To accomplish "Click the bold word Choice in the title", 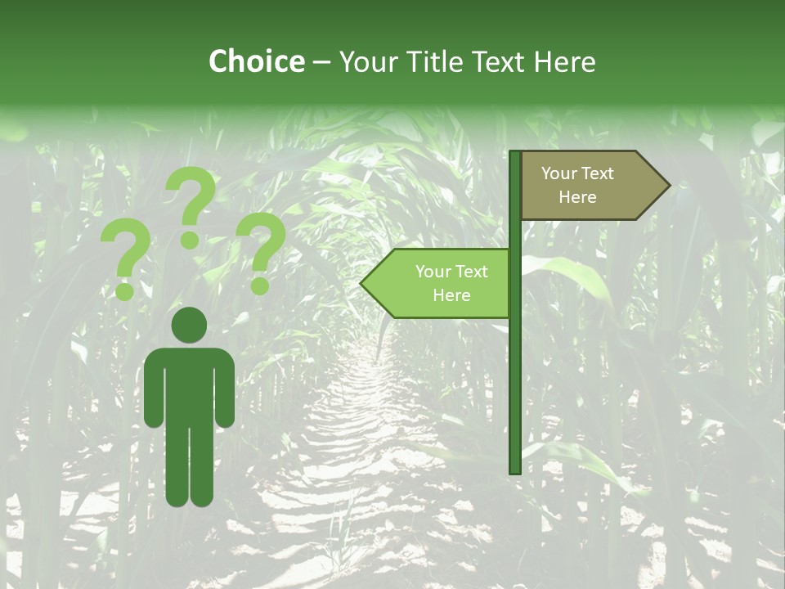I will pos(256,61).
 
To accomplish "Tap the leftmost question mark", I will pos(125,250).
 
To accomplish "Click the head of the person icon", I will pos(189,325).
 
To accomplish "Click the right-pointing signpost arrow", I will pos(589,186).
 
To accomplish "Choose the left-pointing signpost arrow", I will pos(437,283).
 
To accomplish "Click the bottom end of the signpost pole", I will pos(515,470).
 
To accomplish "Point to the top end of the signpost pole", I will pos(515,155).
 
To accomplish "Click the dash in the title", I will pos(321,62).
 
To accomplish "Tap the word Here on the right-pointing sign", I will pos(577,197).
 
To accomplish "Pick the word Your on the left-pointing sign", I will pos(432,272).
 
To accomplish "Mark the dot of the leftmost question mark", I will pos(125,290).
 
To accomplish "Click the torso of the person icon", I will pos(189,384).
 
